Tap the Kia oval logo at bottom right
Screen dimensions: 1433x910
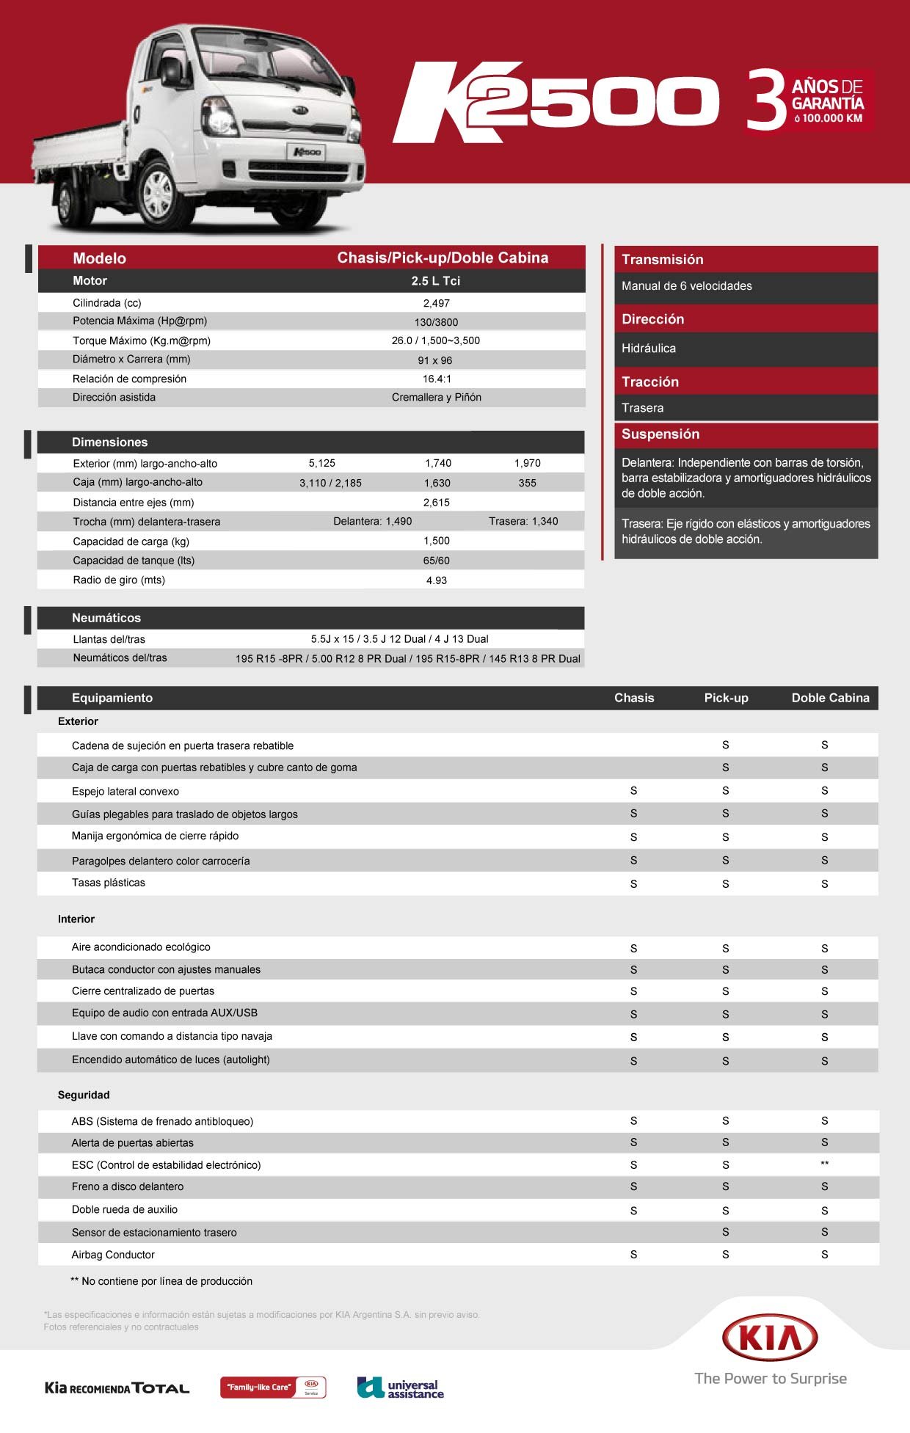[770, 1338]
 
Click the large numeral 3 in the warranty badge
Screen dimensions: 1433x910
[766, 101]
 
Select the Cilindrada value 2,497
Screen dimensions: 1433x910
[436, 303]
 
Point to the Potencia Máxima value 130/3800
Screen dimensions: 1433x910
[436, 322]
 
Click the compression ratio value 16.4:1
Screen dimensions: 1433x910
[437, 379]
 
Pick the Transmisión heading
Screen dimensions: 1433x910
[662, 259]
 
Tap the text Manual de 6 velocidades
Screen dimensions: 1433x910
[686, 286]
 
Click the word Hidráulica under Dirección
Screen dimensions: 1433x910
[648, 349]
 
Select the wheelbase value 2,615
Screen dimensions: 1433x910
[436, 503]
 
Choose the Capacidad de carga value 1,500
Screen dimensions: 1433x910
[436, 541]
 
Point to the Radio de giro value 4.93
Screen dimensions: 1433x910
[436, 580]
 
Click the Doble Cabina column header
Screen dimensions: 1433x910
[830, 698]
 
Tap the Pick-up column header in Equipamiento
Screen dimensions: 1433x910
[726, 698]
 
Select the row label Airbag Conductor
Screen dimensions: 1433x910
[113, 1255]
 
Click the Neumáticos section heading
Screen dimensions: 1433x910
[106, 618]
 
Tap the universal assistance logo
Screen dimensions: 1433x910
[401, 1388]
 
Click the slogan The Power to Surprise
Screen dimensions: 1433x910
[771, 1379]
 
